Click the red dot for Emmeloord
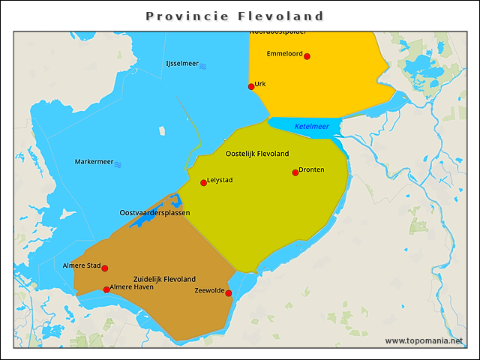pyautogui.click(x=307, y=56)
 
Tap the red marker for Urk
pyautogui.click(x=251, y=86)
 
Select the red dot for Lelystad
pyautogui.click(x=203, y=182)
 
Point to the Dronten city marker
pyautogui.click(x=295, y=172)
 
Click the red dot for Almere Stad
pyautogui.click(x=105, y=268)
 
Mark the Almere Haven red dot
pyautogui.click(x=106, y=289)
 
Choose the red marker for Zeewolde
pyautogui.click(x=229, y=293)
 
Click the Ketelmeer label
pyautogui.click(x=311, y=127)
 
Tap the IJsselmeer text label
pyautogui.click(x=181, y=64)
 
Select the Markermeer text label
pyautogui.click(x=94, y=162)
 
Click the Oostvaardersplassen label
pyautogui.click(x=154, y=213)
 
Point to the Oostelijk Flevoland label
pyautogui.click(x=257, y=154)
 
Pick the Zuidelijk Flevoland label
pyautogui.click(x=164, y=278)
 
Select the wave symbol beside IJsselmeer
pyautogui.click(x=203, y=66)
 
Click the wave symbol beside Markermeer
pyautogui.click(x=118, y=164)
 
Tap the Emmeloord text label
pyautogui.click(x=284, y=54)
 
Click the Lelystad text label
pyautogui.click(x=222, y=180)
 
